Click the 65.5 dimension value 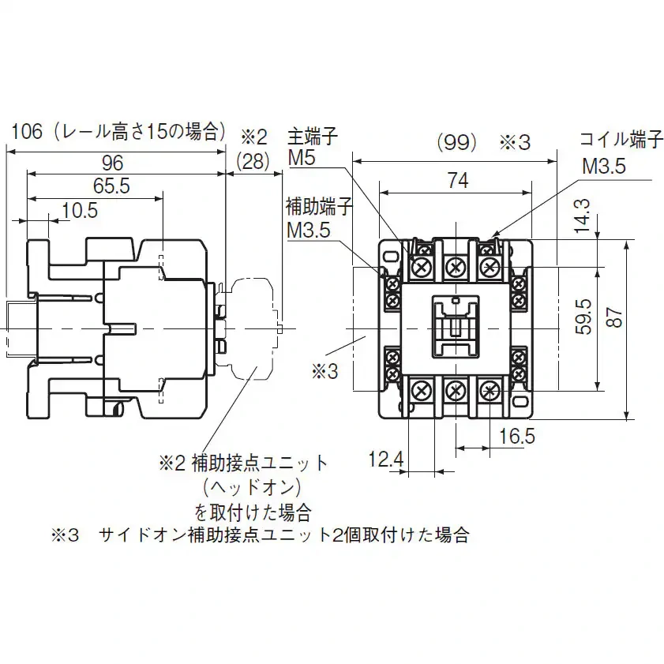(x=111, y=186)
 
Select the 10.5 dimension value (x=80, y=210)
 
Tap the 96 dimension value (x=112, y=163)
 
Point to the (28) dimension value (x=253, y=162)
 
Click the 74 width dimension (x=458, y=181)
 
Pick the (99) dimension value (x=457, y=143)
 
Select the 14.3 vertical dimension (x=582, y=216)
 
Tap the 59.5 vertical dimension (x=584, y=317)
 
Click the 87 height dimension (x=615, y=317)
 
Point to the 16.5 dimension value (x=516, y=436)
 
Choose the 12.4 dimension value (x=386, y=460)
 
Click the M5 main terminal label (x=302, y=159)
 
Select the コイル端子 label (x=621, y=139)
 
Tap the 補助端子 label (x=319, y=207)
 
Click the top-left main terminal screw (x=422, y=268)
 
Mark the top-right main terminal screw (x=490, y=268)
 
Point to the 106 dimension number (x=27, y=132)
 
